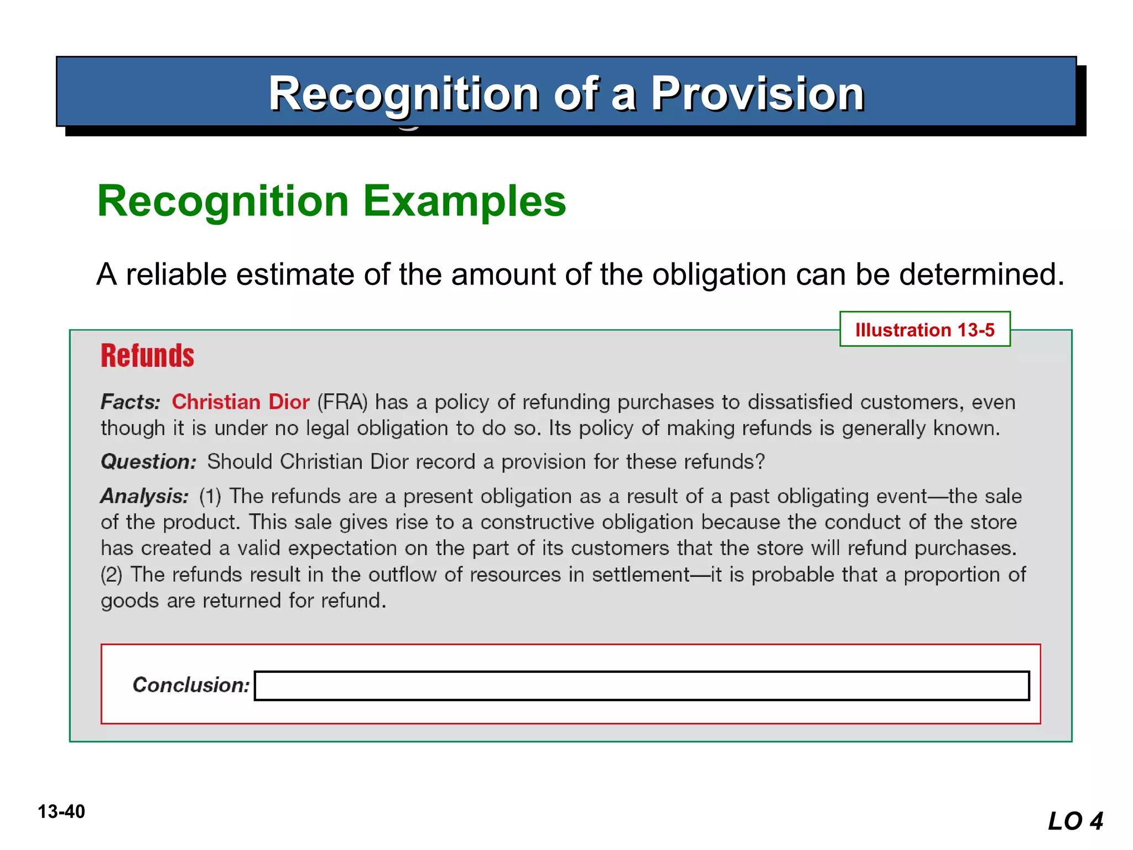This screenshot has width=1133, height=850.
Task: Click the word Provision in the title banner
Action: click(x=757, y=94)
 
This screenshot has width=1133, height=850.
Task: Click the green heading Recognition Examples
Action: click(x=331, y=201)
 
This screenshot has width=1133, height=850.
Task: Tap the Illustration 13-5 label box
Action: click(x=924, y=330)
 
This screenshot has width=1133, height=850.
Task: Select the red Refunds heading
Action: click(x=147, y=356)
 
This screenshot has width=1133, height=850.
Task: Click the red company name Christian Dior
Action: click(x=241, y=402)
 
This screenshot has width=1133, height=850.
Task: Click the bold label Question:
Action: click(x=148, y=462)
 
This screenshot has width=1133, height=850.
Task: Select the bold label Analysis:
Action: click(x=144, y=496)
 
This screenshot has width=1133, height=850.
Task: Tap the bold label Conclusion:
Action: click(x=191, y=685)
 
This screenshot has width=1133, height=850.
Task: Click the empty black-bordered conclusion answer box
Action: click(x=641, y=686)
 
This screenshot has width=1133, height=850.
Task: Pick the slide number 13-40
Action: click(x=61, y=812)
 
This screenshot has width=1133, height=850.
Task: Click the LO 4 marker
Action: click(x=1075, y=821)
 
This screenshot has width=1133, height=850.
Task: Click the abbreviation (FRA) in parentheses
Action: click(x=342, y=402)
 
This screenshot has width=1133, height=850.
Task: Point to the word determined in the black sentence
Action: click(x=981, y=274)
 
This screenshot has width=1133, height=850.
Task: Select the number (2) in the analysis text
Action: click(x=111, y=574)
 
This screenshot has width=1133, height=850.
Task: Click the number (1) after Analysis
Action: click(x=210, y=496)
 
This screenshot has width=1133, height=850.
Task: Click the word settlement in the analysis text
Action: click(x=641, y=574)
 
